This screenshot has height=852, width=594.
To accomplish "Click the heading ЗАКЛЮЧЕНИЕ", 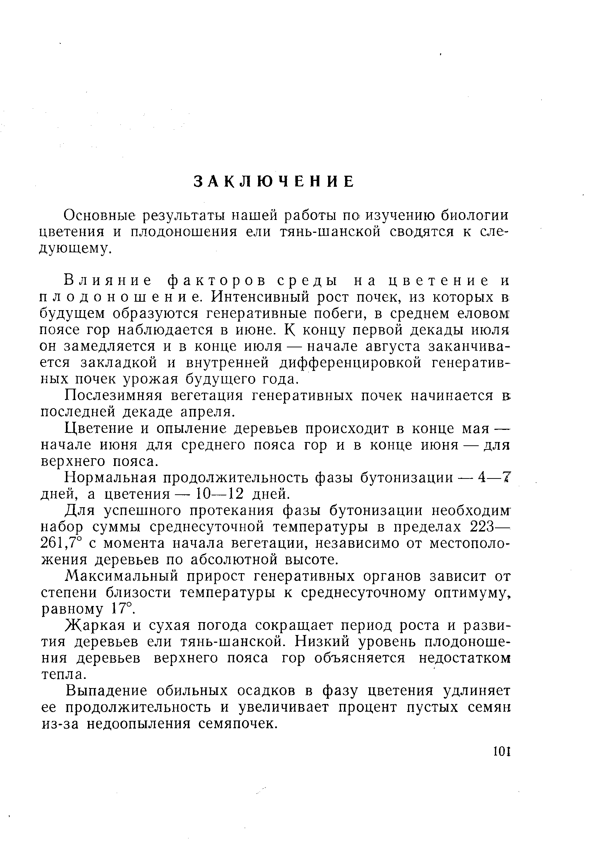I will tap(274, 182).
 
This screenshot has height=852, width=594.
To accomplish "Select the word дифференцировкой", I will tap(350, 362).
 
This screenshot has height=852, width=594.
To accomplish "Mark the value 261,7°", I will tap(61, 544).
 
